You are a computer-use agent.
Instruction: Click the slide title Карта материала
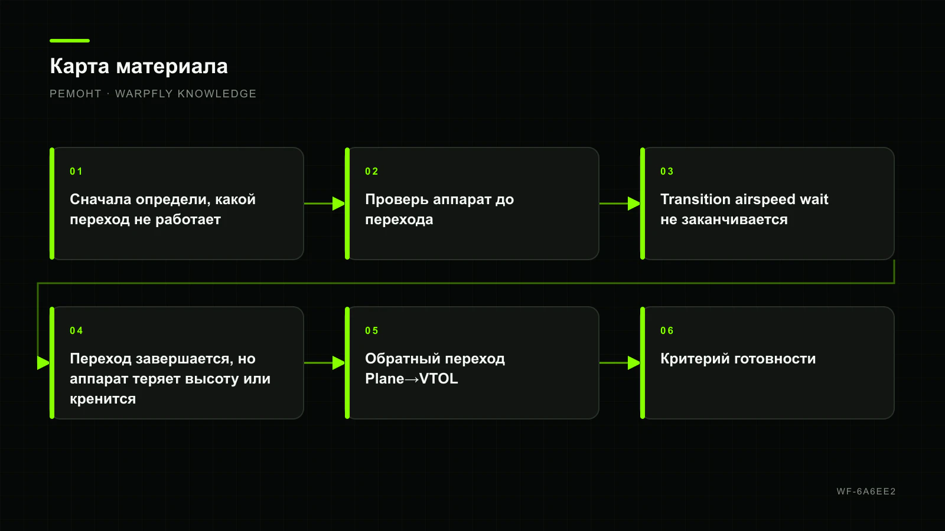pyautogui.click(x=139, y=67)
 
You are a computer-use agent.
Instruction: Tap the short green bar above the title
pyautogui.click(x=70, y=41)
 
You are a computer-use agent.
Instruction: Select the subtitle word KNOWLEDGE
pyautogui.click(x=217, y=94)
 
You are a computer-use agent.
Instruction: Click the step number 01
pyautogui.click(x=76, y=172)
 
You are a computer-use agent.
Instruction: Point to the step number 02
pyautogui.click(x=372, y=172)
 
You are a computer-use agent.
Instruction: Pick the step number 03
pyautogui.click(x=667, y=172)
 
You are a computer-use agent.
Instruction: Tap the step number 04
pyautogui.click(x=76, y=331)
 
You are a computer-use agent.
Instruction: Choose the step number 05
pyautogui.click(x=372, y=331)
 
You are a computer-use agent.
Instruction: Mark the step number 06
pyautogui.click(x=667, y=331)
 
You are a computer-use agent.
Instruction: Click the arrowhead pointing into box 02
pyautogui.click(x=339, y=204)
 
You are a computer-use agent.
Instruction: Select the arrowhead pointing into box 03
pyautogui.click(x=634, y=204)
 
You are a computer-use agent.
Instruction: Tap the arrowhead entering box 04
pyautogui.click(x=44, y=363)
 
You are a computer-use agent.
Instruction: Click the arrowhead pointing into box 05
pyautogui.click(x=339, y=363)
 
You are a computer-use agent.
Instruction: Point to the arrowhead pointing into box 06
pyautogui.click(x=634, y=363)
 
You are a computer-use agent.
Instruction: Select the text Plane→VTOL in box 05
pyautogui.click(x=411, y=379)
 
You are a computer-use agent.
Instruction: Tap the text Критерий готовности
pyautogui.click(x=738, y=359)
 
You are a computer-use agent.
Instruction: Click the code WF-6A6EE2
pyautogui.click(x=866, y=491)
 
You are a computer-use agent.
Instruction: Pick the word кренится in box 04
pyautogui.click(x=103, y=399)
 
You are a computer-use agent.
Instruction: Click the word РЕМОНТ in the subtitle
pyautogui.click(x=76, y=94)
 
